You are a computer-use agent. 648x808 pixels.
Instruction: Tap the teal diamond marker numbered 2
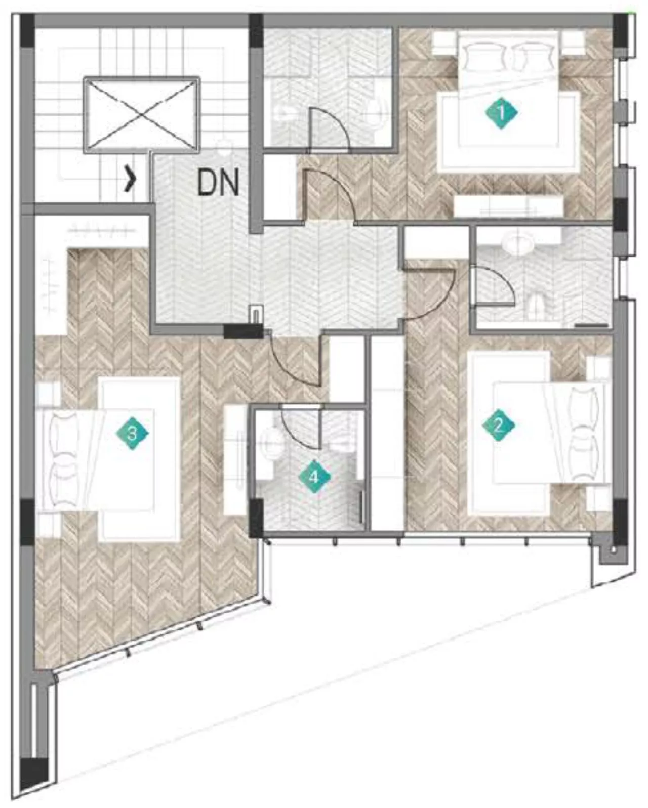point(498,426)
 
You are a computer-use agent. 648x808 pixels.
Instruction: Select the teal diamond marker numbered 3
point(132,434)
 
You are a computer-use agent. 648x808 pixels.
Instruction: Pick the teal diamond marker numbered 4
point(314,477)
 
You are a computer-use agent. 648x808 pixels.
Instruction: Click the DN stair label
point(218,183)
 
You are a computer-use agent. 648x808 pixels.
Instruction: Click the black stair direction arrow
point(131,181)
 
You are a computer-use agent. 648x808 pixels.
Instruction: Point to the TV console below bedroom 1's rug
point(508,206)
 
